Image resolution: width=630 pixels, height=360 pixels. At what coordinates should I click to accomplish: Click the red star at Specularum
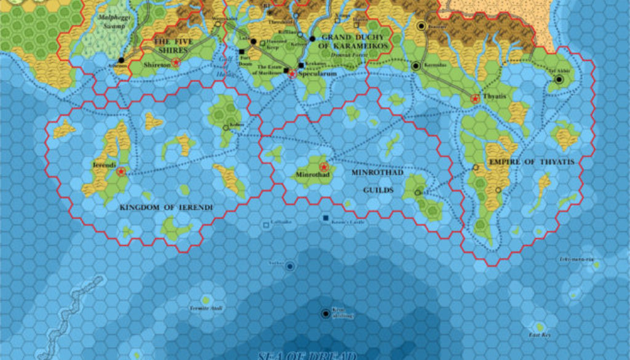click(x=292, y=74)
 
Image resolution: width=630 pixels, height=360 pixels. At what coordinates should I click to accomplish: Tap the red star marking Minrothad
click(x=324, y=167)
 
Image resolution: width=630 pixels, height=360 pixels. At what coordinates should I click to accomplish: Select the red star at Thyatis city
click(x=475, y=98)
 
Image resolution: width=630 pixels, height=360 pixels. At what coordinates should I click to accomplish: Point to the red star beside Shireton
click(x=177, y=62)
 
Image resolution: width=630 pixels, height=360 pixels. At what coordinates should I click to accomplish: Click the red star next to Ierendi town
click(x=121, y=172)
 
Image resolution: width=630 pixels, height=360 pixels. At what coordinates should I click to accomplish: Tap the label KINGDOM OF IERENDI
click(x=166, y=208)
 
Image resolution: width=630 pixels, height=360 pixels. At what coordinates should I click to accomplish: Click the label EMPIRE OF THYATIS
click(x=531, y=162)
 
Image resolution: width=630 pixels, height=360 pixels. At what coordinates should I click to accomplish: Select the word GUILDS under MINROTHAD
click(x=378, y=190)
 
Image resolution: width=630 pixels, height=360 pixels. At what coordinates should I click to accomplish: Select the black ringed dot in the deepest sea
click(x=325, y=314)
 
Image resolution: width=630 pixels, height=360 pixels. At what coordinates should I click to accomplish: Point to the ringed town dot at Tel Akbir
click(x=559, y=79)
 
